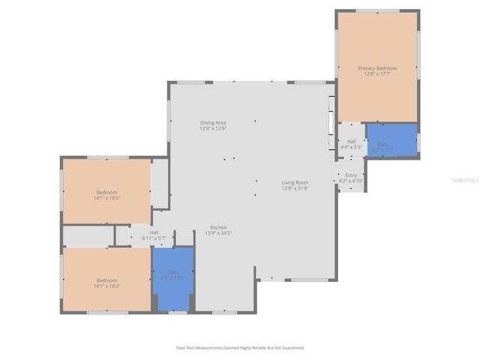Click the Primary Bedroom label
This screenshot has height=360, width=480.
(x=376, y=68)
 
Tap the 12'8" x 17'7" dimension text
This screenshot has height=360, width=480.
(x=376, y=73)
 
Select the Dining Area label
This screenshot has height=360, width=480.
(x=213, y=122)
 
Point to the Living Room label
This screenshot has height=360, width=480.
(x=295, y=182)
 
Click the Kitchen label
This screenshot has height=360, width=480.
(x=218, y=227)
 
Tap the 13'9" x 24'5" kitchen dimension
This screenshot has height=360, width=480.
(x=218, y=232)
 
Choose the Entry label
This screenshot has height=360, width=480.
(x=351, y=175)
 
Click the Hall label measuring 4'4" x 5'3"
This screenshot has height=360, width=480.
(x=351, y=142)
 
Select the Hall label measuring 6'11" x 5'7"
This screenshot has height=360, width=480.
(x=154, y=232)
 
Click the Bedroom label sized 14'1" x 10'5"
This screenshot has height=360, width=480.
(x=106, y=193)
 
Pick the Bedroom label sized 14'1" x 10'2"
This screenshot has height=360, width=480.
(x=106, y=281)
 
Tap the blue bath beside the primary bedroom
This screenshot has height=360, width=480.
(x=391, y=139)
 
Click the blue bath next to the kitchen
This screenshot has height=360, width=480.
(x=173, y=278)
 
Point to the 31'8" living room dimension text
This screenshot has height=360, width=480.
(x=295, y=187)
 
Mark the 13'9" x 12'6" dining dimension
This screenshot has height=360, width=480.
(x=213, y=128)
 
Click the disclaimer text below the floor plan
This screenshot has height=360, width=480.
(x=240, y=347)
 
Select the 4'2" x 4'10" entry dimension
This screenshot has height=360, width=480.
(x=351, y=181)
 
